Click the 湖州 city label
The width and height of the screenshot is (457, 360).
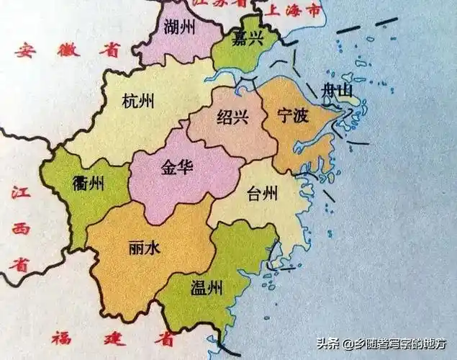[x=178, y=29]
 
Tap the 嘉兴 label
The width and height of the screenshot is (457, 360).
[x=247, y=40]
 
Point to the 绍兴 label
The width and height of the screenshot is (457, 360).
[x=232, y=117]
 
